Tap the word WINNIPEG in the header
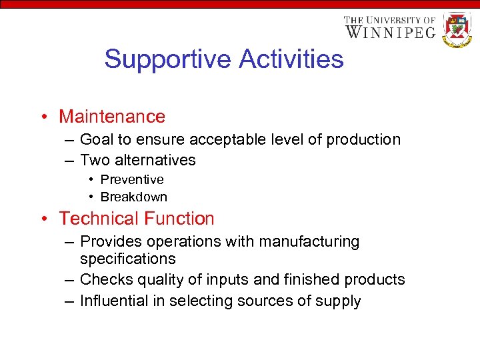[x=391, y=31]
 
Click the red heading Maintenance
[x=111, y=117]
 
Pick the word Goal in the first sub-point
[x=96, y=140]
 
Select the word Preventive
[x=131, y=180]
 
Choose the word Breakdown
[x=133, y=197]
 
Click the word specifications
[x=127, y=259]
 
